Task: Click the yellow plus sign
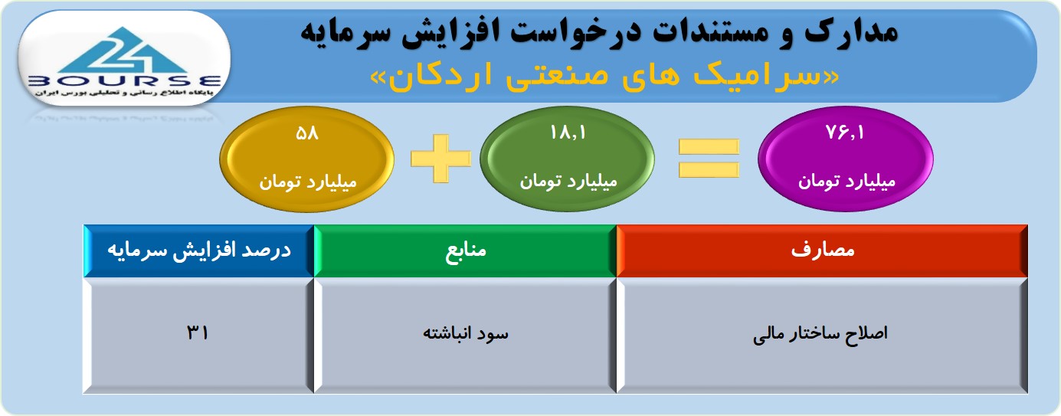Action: pyautogui.click(x=441, y=159)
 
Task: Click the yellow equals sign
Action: pyautogui.click(x=709, y=159)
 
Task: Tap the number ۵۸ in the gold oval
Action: pyautogui.click(x=307, y=133)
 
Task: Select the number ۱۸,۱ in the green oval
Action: pyautogui.click(x=568, y=133)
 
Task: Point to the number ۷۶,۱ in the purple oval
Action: pyautogui.click(x=845, y=133)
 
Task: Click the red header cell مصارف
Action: pyautogui.click(x=822, y=251)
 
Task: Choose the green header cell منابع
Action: pyautogui.click(x=465, y=251)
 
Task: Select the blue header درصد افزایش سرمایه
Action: pyautogui.click(x=199, y=251)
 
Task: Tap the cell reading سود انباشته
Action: pyautogui.click(x=465, y=334)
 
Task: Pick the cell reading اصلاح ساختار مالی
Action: pyautogui.click(x=822, y=334)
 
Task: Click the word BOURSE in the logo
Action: pyautogui.click(x=125, y=81)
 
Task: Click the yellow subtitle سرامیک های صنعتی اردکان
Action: pyautogui.click(x=604, y=77)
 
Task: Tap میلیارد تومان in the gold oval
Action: pyautogui.click(x=307, y=182)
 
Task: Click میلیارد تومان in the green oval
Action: pyautogui.click(x=568, y=182)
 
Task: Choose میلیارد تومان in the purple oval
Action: pyautogui.click(x=846, y=182)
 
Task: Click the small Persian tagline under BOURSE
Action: pyautogui.click(x=124, y=93)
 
